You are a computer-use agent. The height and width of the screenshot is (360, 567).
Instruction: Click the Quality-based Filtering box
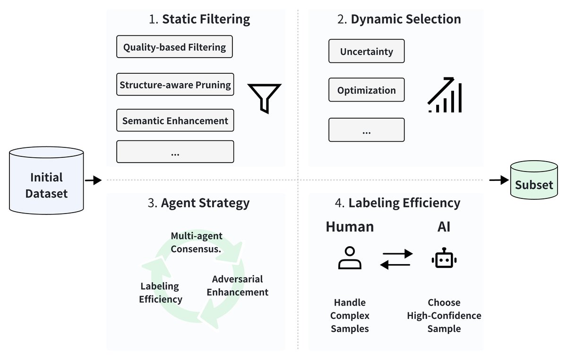(x=174, y=47)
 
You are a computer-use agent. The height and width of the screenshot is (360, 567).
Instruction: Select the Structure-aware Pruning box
(x=175, y=85)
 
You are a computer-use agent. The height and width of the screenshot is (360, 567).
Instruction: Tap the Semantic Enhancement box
(x=175, y=120)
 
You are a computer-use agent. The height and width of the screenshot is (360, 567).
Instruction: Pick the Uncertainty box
(x=366, y=51)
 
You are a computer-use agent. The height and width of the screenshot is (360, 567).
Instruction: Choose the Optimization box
(x=366, y=90)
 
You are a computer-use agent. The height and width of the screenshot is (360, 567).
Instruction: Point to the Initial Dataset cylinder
(x=46, y=180)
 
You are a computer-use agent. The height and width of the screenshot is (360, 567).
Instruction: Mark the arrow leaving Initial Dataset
(x=93, y=180)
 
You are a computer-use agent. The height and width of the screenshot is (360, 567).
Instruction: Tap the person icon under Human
(x=350, y=258)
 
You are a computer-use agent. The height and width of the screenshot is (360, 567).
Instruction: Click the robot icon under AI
(x=444, y=259)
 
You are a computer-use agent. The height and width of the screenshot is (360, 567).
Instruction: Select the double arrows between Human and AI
(x=396, y=259)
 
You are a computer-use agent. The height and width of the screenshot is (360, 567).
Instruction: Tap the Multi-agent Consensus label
(x=196, y=242)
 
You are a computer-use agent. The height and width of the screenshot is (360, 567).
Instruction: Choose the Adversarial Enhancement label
(x=237, y=285)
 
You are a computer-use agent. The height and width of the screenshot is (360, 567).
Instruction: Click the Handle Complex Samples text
(x=350, y=315)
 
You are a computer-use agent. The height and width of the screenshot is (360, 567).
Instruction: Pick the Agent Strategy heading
(x=198, y=203)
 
